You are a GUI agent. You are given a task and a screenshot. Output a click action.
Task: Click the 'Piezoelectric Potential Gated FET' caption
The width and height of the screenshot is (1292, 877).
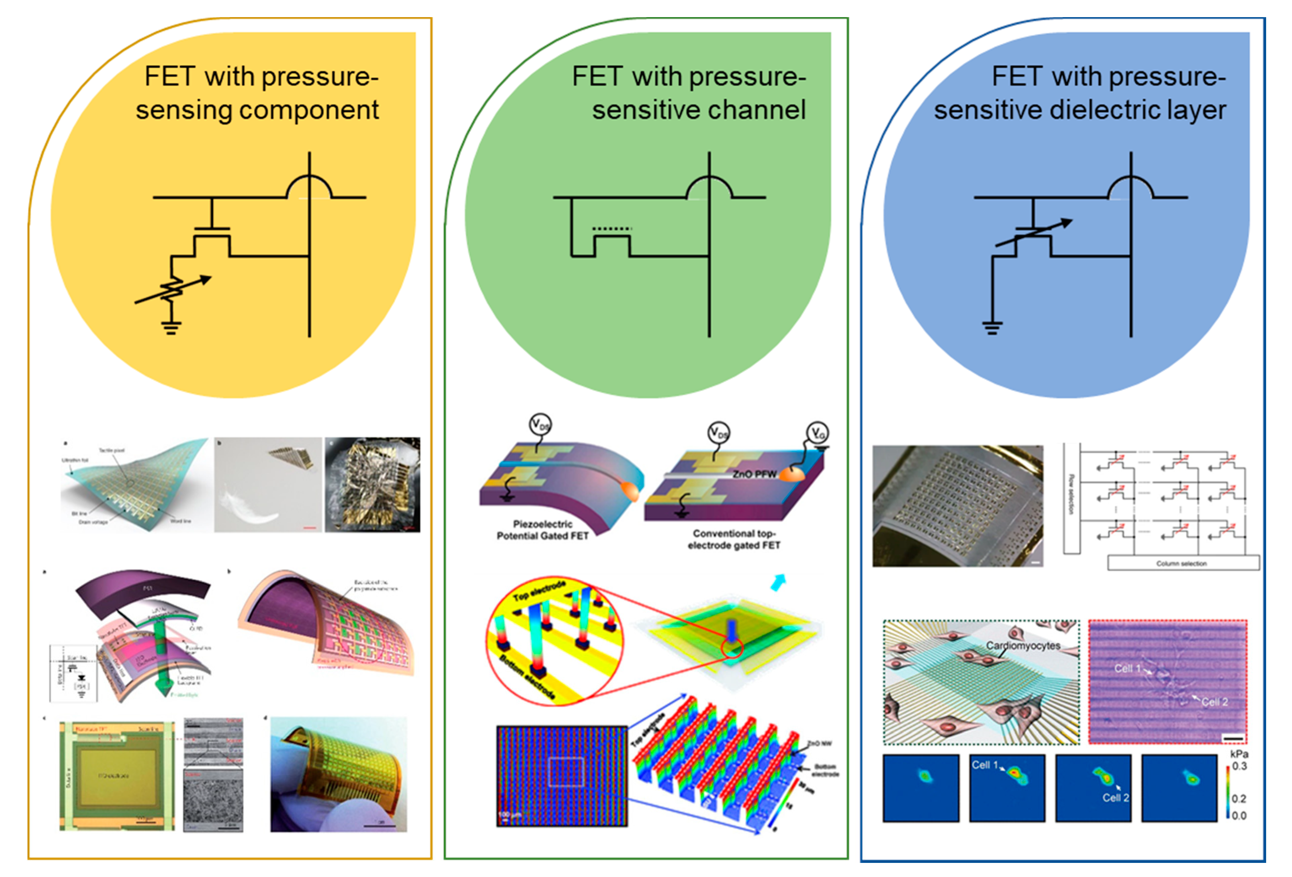542,530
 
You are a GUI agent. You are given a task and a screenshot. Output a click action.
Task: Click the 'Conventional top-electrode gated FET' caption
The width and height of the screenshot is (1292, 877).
734,539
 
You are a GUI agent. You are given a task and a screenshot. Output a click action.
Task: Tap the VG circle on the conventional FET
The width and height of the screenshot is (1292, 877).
818,432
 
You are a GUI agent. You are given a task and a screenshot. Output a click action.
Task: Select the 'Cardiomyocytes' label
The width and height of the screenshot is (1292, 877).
1023,645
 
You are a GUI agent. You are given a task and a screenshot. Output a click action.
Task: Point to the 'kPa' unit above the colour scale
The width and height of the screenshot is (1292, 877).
1239,754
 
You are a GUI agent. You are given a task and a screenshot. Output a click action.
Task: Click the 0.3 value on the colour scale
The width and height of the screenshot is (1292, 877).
1239,766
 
